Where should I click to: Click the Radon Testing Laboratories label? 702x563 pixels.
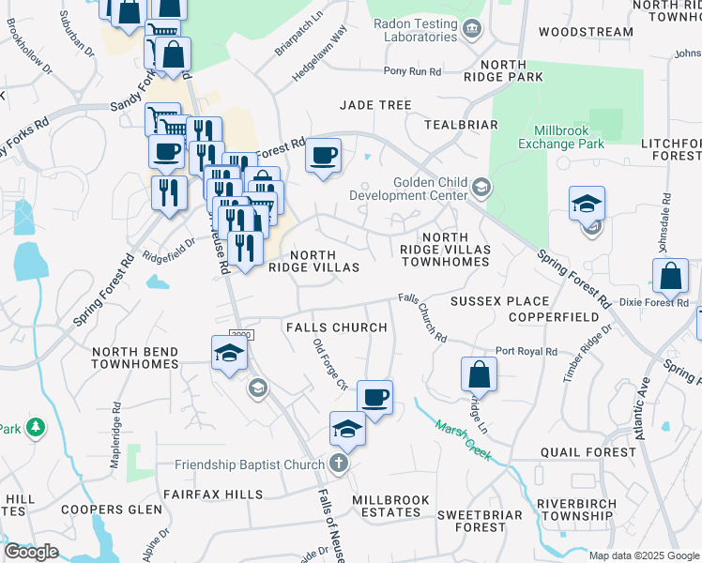[x=414, y=30]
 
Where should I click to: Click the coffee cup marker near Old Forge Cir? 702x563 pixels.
[x=375, y=398]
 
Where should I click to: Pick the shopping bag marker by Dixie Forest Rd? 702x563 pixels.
[x=670, y=277]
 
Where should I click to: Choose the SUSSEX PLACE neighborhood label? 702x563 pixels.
[x=499, y=301]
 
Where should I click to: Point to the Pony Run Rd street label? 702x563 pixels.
[x=412, y=71]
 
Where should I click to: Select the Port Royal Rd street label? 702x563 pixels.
[x=526, y=351]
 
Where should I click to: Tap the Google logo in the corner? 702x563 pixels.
[x=31, y=552]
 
